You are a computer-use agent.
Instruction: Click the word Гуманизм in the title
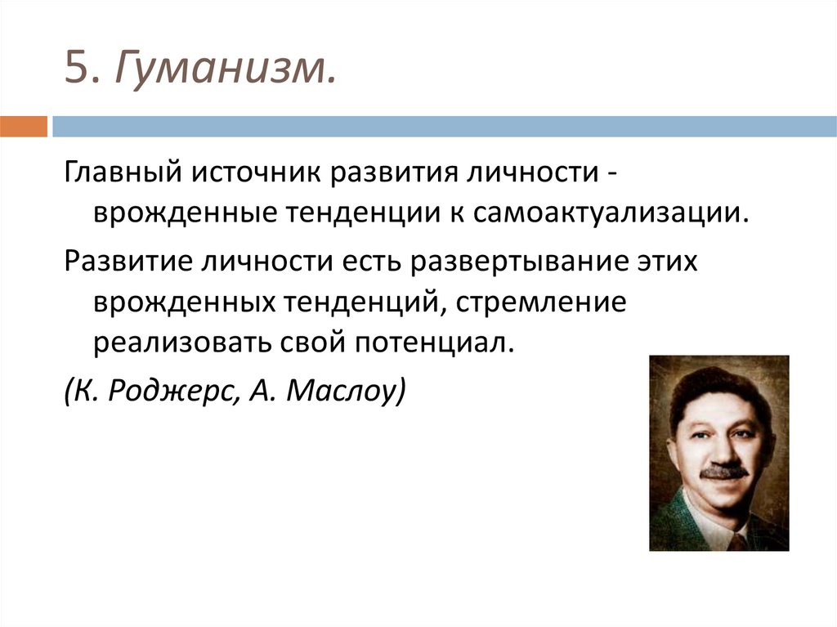tap(224, 68)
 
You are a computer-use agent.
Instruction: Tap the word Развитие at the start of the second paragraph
tap(119, 264)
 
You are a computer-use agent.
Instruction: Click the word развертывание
tap(519, 264)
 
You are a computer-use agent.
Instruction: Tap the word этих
tap(674, 264)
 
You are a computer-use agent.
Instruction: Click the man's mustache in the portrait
tap(724, 472)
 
